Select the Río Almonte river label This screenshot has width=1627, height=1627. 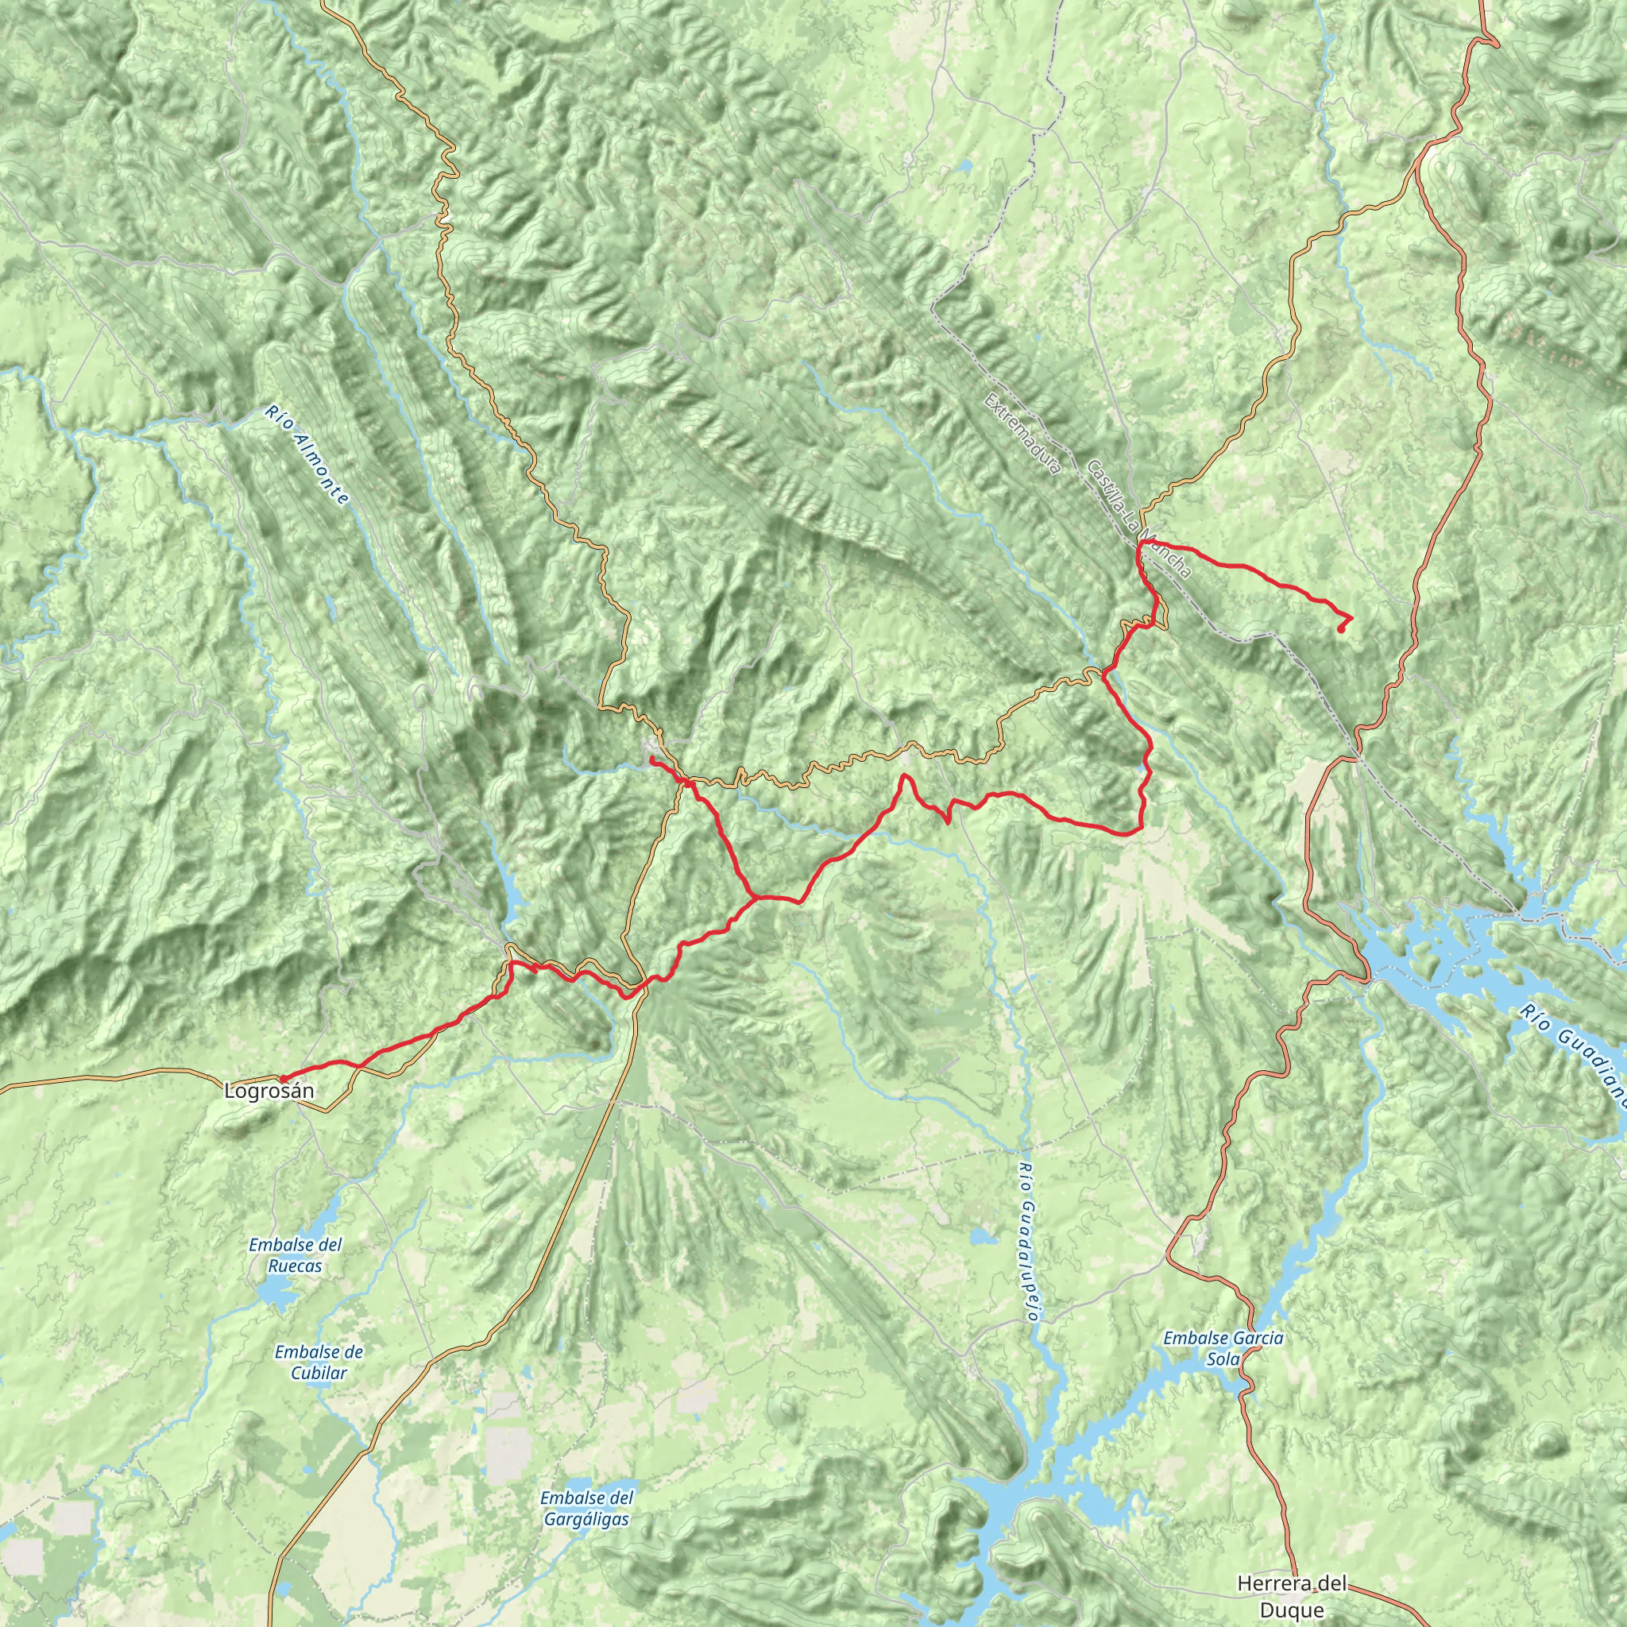click(306, 455)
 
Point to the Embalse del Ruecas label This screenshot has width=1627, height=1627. click(296, 1254)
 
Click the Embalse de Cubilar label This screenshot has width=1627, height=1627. click(319, 1362)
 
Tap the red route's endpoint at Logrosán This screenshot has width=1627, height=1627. click(283, 1079)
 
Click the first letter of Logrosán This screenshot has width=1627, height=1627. click(229, 1092)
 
